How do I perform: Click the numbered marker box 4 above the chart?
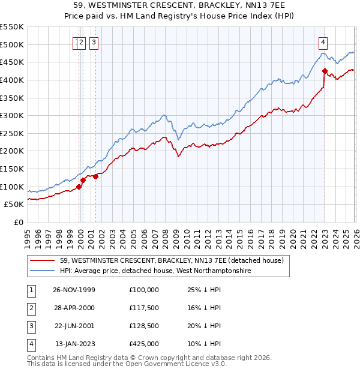(x=323, y=42)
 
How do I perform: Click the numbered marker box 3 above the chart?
(x=95, y=42)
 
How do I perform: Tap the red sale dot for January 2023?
(x=325, y=71)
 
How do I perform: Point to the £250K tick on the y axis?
(x=13, y=133)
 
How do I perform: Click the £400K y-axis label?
(x=13, y=80)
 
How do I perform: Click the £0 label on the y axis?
(x=18, y=222)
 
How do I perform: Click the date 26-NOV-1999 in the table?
(x=75, y=290)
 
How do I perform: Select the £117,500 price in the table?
(x=144, y=308)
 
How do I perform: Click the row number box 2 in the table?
(x=30, y=308)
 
